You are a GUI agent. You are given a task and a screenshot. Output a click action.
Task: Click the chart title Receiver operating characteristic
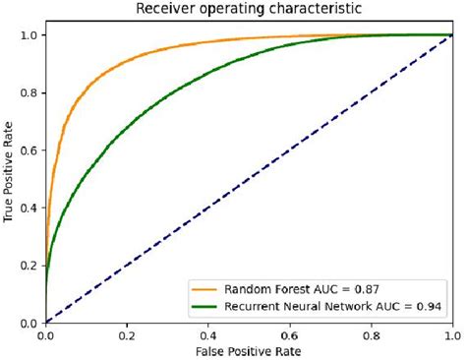[251, 9]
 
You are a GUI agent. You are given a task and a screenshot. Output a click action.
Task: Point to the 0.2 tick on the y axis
[30, 266]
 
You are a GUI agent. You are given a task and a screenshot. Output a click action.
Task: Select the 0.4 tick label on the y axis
[30, 208]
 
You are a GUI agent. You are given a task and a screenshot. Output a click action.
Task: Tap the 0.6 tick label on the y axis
[30, 150]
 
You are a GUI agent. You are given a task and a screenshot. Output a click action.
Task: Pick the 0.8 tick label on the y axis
[30, 93]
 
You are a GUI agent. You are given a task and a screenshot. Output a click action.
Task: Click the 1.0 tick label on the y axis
[30, 35]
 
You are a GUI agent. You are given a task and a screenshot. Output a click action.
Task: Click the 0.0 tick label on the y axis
[30, 323]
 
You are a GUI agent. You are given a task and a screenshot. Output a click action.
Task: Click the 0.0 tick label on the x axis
[46, 335]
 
